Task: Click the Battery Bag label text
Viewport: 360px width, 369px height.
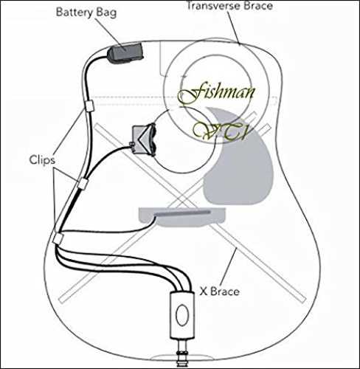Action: (86, 13)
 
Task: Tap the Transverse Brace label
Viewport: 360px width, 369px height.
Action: (229, 6)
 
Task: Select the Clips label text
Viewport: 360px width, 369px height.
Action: (42, 160)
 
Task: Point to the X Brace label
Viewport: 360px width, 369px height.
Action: (219, 292)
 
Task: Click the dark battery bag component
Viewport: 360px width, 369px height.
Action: (125, 54)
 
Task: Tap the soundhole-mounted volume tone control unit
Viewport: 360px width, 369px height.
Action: (144, 139)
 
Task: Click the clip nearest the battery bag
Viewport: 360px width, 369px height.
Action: (89, 106)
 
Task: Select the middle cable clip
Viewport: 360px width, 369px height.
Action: (83, 184)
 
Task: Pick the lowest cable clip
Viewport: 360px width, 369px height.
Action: (59, 238)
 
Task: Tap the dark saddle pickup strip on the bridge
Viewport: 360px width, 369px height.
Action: (182, 213)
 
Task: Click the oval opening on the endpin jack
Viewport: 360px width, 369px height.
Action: (182, 315)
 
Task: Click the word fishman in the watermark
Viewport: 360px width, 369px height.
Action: (216, 94)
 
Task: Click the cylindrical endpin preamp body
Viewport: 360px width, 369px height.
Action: (182, 315)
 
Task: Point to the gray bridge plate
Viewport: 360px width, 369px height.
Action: (182, 217)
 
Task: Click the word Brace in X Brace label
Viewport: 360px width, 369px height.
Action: (225, 292)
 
